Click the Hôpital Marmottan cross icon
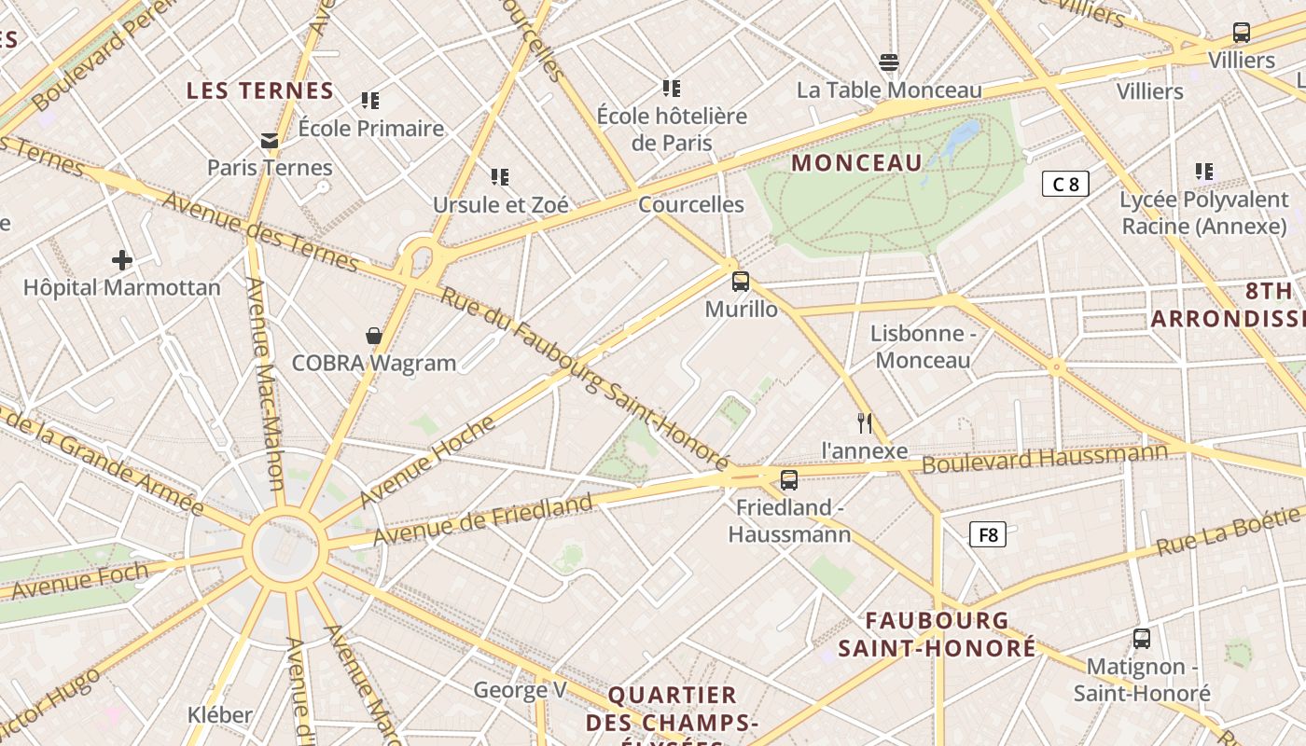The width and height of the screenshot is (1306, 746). click(x=122, y=259)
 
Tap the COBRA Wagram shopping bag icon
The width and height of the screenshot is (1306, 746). click(x=374, y=336)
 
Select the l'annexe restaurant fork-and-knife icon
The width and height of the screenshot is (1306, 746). click(x=865, y=423)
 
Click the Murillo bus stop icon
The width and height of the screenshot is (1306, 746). click(x=741, y=281)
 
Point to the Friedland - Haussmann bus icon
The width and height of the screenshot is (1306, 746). click(x=789, y=480)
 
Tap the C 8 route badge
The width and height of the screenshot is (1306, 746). click(x=1065, y=184)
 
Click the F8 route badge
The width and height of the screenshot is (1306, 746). click(x=988, y=534)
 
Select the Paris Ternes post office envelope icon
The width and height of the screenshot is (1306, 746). click(x=270, y=141)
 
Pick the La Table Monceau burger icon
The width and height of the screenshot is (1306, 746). click(x=889, y=62)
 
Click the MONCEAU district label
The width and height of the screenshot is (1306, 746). click(x=856, y=163)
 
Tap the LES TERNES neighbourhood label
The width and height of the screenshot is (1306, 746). click(x=259, y=90)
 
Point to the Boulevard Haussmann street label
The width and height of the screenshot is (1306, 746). click(x=1045, y=458)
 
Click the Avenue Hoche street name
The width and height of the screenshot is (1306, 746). click(x=428, y=461)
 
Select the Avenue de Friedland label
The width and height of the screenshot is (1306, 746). click(x=482, y=520)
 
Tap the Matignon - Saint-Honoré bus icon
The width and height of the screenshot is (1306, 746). click(x=1142, y=639)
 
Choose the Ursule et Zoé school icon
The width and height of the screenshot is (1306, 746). click(x=500, y=176)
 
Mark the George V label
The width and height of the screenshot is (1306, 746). click(x=520, y=690)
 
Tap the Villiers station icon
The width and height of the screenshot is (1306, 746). click(x=1241, y=33)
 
